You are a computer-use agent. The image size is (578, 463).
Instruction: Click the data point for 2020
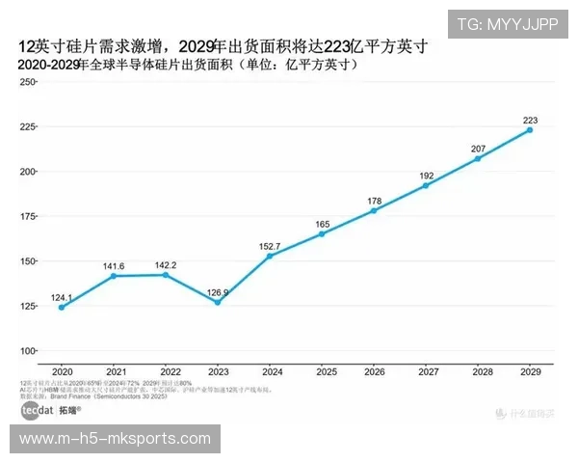(62, 308)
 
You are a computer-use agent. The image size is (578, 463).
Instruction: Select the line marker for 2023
(218, 303)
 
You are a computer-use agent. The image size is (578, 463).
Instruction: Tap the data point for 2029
(530, 130)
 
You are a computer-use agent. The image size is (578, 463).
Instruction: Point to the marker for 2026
(374, 210)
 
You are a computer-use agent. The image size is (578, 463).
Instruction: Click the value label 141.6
(117, 265)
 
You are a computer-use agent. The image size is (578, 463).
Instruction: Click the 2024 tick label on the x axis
(273, 371)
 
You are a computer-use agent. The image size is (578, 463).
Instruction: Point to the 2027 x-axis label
(428, 371)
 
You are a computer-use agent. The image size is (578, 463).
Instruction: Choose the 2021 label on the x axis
(117, 371)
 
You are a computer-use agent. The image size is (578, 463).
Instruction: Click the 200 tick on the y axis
(27, 172)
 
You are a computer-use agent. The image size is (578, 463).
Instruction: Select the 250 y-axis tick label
(27, 83)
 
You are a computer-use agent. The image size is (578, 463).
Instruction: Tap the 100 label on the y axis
(27, 350)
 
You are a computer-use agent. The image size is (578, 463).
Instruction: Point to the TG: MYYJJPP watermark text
(507, 24)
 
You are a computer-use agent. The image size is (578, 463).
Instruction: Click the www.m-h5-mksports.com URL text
(115, 439)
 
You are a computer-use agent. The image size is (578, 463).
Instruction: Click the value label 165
(323, 225)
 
